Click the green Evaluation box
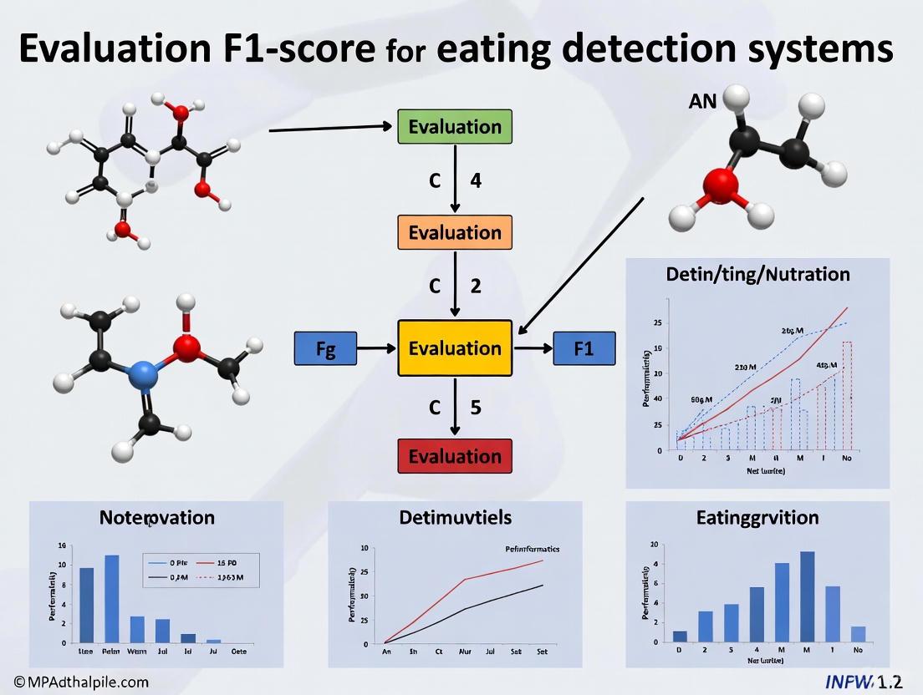coord(455,127)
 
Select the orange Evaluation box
coord(455,232)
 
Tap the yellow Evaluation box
coord(455,348)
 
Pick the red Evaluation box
coord(455,456)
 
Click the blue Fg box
coord(326,349)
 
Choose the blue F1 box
coord(584,348)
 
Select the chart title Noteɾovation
coord(157,517)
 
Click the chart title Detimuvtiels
coord(456,517)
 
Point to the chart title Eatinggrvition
coord(757,517)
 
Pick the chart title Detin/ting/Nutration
coord(758,273)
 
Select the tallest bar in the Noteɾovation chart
coord(112,598)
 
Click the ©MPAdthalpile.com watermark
coord(74,682)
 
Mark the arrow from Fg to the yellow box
coord(378,348)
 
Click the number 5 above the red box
coord(476,408)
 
